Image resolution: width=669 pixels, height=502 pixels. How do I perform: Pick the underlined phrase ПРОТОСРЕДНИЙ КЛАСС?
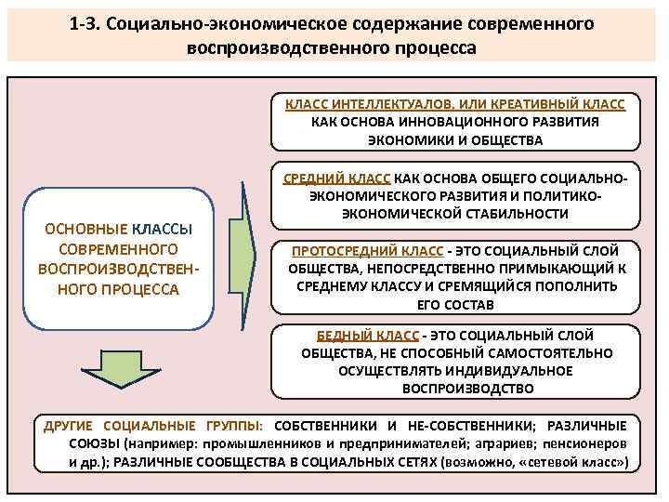(x=368, y=251)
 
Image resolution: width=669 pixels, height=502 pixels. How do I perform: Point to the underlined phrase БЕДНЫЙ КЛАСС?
(x=365, y=336)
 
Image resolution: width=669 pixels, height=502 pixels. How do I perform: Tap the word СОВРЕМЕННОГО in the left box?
(x=118, y=250)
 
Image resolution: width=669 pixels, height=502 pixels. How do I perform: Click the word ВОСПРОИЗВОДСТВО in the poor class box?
(x=456, y=388)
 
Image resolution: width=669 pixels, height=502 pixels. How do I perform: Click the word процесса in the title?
(x=434, y=46)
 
